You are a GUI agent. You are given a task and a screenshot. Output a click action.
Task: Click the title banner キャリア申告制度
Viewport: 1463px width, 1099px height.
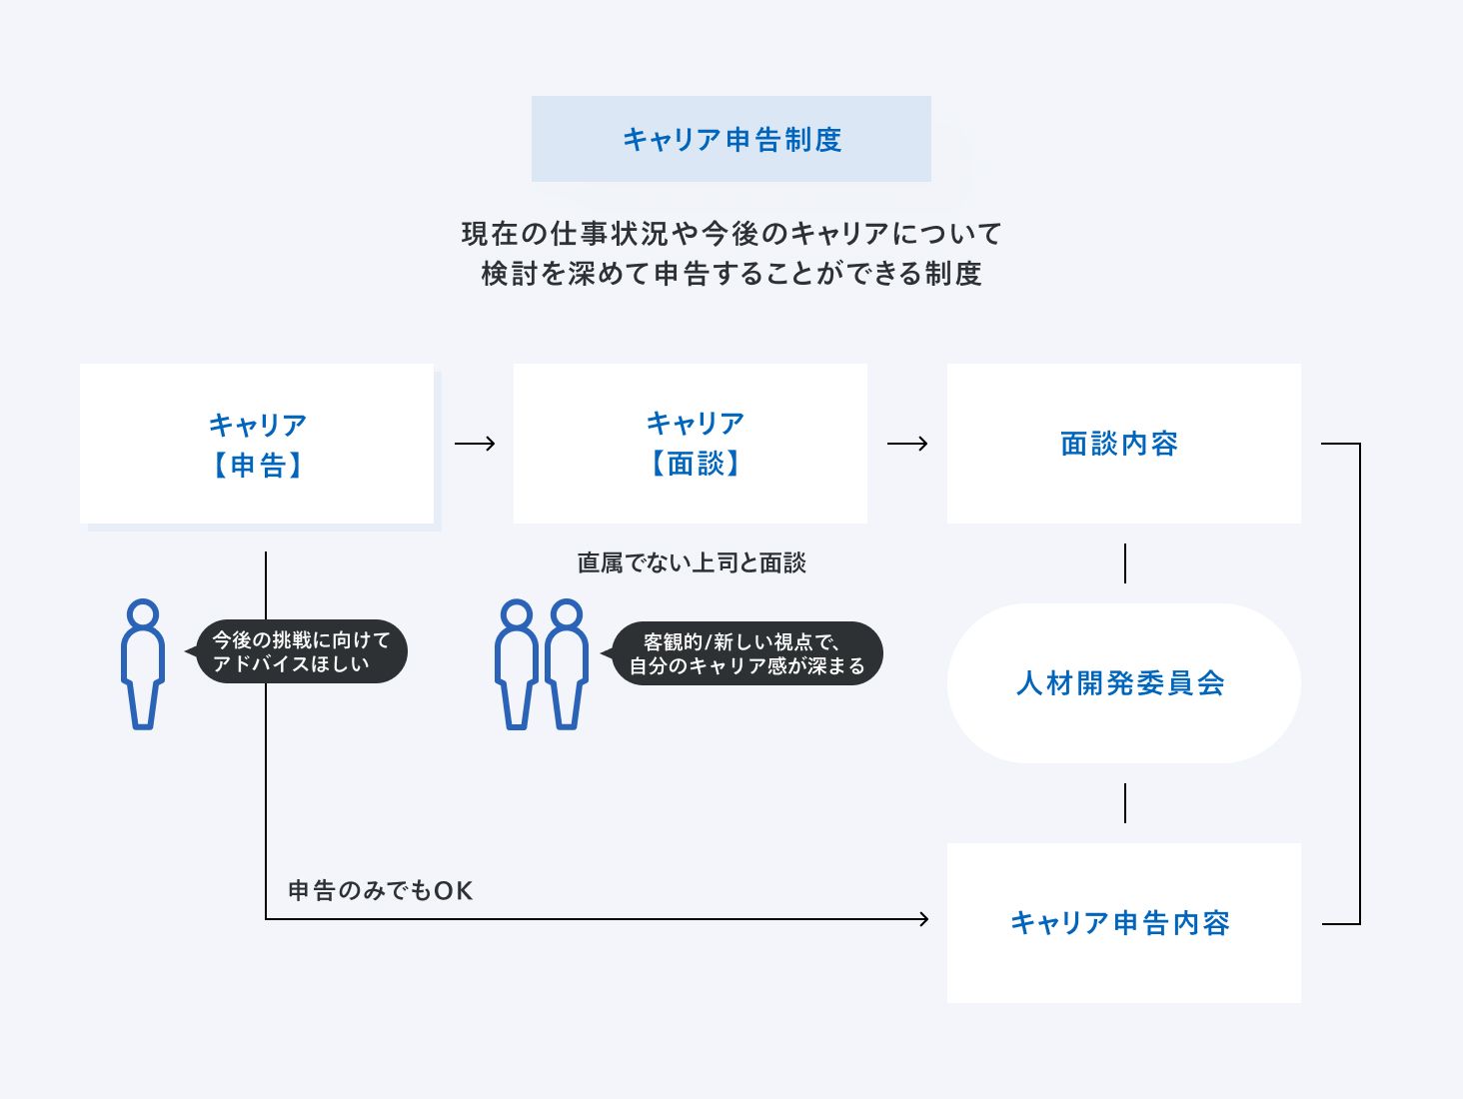coord(731,139)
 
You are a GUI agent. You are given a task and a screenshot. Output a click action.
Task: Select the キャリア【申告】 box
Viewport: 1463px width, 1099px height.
coord(257,444)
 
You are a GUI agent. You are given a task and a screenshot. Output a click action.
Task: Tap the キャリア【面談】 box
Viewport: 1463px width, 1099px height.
coord(690,444)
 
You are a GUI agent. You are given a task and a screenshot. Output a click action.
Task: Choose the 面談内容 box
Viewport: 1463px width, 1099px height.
coord(1124,444)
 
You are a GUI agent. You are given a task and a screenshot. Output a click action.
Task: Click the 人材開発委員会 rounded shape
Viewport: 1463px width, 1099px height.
coord(1124,683)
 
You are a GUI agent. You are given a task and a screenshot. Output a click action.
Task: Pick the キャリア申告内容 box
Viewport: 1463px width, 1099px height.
coord(1124,923)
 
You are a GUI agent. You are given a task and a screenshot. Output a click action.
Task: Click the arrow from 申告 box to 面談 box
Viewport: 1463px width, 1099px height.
coord(475,444)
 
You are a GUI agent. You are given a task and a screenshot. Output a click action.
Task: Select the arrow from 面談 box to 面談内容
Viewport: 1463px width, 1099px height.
coord(907,444)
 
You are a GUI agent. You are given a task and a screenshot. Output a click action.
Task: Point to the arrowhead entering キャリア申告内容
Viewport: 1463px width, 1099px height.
coord(923,919)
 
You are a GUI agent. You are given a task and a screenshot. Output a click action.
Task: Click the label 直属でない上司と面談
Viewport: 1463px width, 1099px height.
coord(692,562)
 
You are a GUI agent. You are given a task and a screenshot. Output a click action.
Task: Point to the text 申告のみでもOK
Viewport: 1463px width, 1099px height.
coord(381,890)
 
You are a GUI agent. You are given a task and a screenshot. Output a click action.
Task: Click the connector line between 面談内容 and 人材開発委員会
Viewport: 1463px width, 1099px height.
coord(1125,563)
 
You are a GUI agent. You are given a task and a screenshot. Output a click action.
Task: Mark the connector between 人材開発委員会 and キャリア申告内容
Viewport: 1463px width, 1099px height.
coord(1125,803)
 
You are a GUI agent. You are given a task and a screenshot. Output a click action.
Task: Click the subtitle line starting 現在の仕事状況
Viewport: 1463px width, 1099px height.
coord(731,234)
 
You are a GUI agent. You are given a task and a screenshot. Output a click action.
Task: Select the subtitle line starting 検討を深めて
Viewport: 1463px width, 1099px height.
coord(731,274)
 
